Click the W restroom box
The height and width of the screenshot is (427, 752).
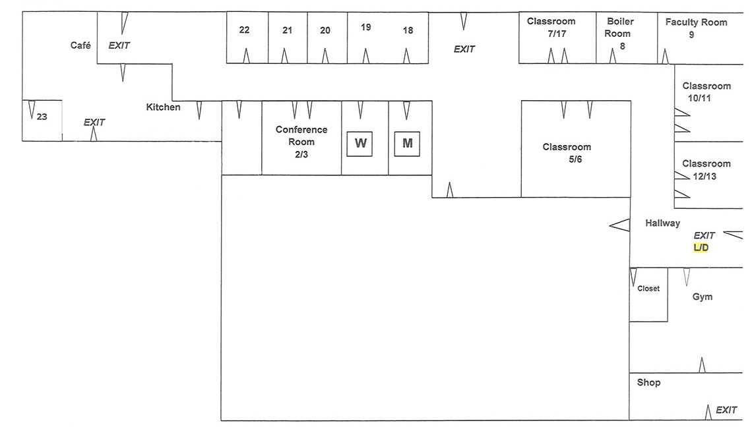pyautogui.click(x=360, y=144)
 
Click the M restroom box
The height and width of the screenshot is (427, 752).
pyautogui.click(x=407, y=144)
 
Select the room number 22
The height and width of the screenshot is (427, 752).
pyautogui.click(x=245, y=30)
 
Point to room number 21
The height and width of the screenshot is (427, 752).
pyautogui.click(x=287, y=30)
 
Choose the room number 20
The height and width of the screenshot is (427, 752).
pyautogui.click(x=325, y=30)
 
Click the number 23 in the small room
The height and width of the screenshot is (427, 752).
pyautogui.click(x=42, y=117)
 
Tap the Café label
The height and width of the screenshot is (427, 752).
pyautogui.click(x=80, y=45)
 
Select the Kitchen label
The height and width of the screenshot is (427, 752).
pyautogui.click(x=163, y=107)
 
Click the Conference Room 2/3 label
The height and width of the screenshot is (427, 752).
pyautogui.click(x=301, y=142)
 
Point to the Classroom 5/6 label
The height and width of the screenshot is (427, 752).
pyautogui.click(x=567, y=153)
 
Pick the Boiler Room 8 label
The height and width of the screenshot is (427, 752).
pyautogui.click(x=620, y=34)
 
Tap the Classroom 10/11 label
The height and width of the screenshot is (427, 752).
pyautogui.click(x=706, y=92)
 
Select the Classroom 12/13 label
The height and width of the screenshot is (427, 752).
pyautogui.click(x=706, y=169)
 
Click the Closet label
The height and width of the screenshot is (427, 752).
pyautogui.click(x=648, y=289)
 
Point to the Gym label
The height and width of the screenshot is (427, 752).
pyautogui.click(x=703, y=297)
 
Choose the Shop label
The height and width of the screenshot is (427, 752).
pyautogui.click(x=648, y=383)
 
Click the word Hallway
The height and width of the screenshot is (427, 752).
pyautogui.click(x=662, y=223)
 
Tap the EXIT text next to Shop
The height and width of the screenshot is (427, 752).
pyautogui.click(x=726, y=410)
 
